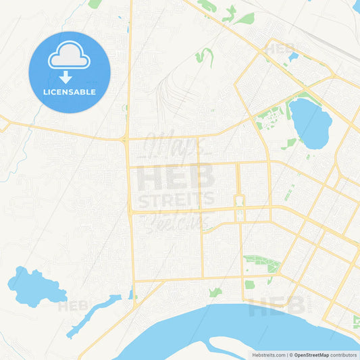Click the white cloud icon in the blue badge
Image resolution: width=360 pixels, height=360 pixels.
tap(69, 57)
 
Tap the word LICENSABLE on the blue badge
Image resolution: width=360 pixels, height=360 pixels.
tap(69, 92)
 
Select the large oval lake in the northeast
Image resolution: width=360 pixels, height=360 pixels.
tap(310, 124)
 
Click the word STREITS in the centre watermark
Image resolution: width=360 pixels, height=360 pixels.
tap(176, 199)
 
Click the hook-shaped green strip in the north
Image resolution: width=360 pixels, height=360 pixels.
tap(204, 57)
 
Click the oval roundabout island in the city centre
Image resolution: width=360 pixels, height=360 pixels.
tap(238, 201)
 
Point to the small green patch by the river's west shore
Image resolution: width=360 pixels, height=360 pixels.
tap(215, 292)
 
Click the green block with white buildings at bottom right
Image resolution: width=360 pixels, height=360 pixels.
tap(355, 321)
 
